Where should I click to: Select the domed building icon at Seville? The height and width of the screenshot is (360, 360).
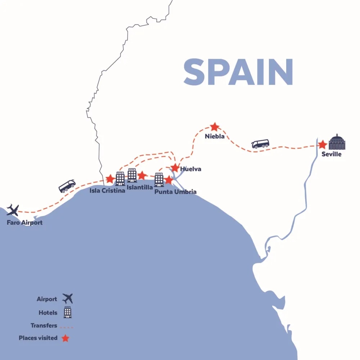(x=337, y=142)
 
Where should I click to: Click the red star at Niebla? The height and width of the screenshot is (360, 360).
(x=215, y=127)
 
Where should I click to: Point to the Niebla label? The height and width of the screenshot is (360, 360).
(x=215, y=136)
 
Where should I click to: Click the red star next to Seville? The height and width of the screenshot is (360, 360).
(x=322, y=145)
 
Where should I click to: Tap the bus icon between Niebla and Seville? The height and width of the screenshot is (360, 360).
(x=260, y=144)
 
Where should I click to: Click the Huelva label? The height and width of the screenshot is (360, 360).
(x=190, y=169)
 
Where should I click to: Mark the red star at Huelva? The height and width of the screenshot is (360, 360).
(x=175, y=168)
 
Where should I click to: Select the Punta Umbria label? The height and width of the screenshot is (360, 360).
(x=175, y=192)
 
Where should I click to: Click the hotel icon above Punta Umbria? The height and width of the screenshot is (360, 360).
(x=159, y=180)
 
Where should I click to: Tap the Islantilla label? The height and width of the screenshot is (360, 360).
(x=140, y=187)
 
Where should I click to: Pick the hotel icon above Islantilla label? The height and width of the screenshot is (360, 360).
(x=132, y=175)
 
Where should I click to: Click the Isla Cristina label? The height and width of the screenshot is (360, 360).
(x=107, y=190)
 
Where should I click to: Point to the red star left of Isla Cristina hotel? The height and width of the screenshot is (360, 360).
(x=110, y=179)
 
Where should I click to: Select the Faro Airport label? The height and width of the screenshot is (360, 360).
(x=24, y=222)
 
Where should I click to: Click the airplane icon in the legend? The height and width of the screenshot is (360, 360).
(x=67, y=298)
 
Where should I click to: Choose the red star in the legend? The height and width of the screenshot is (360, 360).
(x=65, y=338)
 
